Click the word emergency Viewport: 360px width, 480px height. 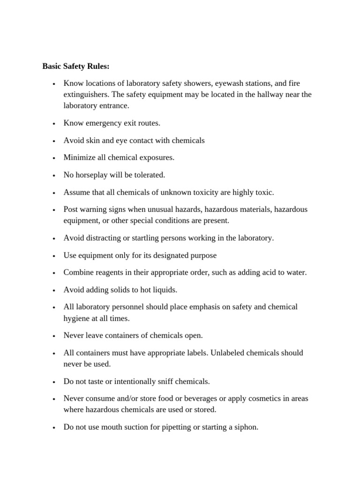click(99, 123)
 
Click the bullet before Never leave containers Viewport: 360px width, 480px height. click(54, 336)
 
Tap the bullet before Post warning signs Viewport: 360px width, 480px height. click(54, 210)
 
